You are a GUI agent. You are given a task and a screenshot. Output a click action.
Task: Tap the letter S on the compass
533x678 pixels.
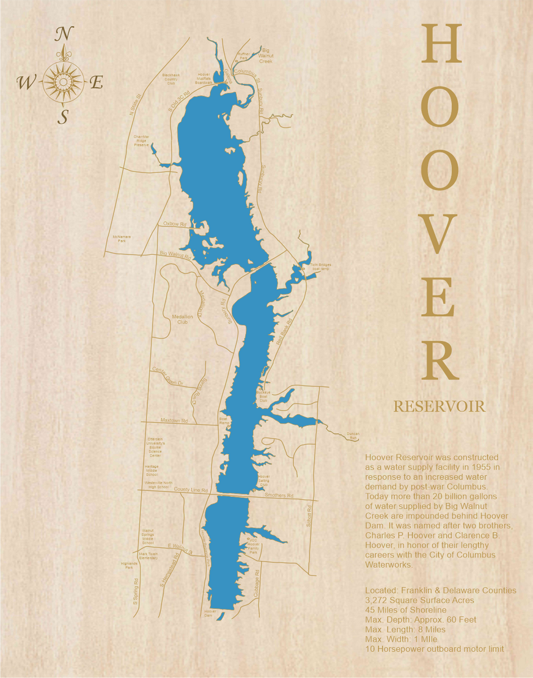click(64, 116)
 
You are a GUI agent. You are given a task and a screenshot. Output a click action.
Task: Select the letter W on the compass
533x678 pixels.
click(26, 83)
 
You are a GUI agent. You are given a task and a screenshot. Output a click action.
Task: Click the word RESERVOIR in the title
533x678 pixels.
click(439, 406)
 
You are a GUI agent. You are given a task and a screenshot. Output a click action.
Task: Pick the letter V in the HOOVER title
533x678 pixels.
click(440, 234)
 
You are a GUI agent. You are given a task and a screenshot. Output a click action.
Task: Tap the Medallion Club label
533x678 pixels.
click(182, 319)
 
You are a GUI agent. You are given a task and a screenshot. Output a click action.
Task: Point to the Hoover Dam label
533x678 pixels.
click(210, 614)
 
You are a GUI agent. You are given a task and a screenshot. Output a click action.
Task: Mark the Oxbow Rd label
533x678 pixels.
click(175, 224)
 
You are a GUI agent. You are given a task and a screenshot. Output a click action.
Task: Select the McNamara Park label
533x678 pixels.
click(122, 239)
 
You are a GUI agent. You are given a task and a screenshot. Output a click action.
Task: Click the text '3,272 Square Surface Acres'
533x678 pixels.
click(420, 600)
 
